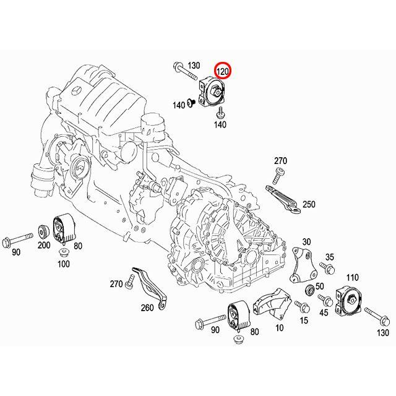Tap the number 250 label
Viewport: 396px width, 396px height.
tap(309, 204)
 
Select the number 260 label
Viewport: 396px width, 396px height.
tap(147, 308)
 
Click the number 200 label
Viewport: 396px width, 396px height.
tap(44, 245)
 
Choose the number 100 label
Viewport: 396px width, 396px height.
tap(64, 264)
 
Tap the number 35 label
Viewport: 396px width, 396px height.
tap(330, 257)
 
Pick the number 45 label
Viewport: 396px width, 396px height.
tap(323, 313)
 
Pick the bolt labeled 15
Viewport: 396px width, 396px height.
tap(301, 306)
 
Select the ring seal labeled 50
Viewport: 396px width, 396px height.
tap(309, 291)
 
